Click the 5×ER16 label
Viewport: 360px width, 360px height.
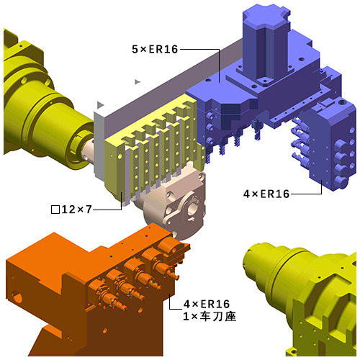pyautogui.click(x=155, y=49)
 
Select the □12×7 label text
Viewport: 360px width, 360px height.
pyautogui.click(x=71, y=210)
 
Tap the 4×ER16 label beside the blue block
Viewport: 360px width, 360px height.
pyautogui.click(x=266, y=194)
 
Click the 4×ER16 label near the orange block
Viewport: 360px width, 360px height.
pyautogui.click(x=207, y=304)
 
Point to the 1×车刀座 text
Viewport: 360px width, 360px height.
pyautogui.click(x=210, y=316)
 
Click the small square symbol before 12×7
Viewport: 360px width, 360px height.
pyautogui.click(x=55, y=210)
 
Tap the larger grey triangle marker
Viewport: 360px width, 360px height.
pyautogui.click(x=100, y=105)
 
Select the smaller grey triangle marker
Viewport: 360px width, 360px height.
pyautogui.click(x=137, y=82)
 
